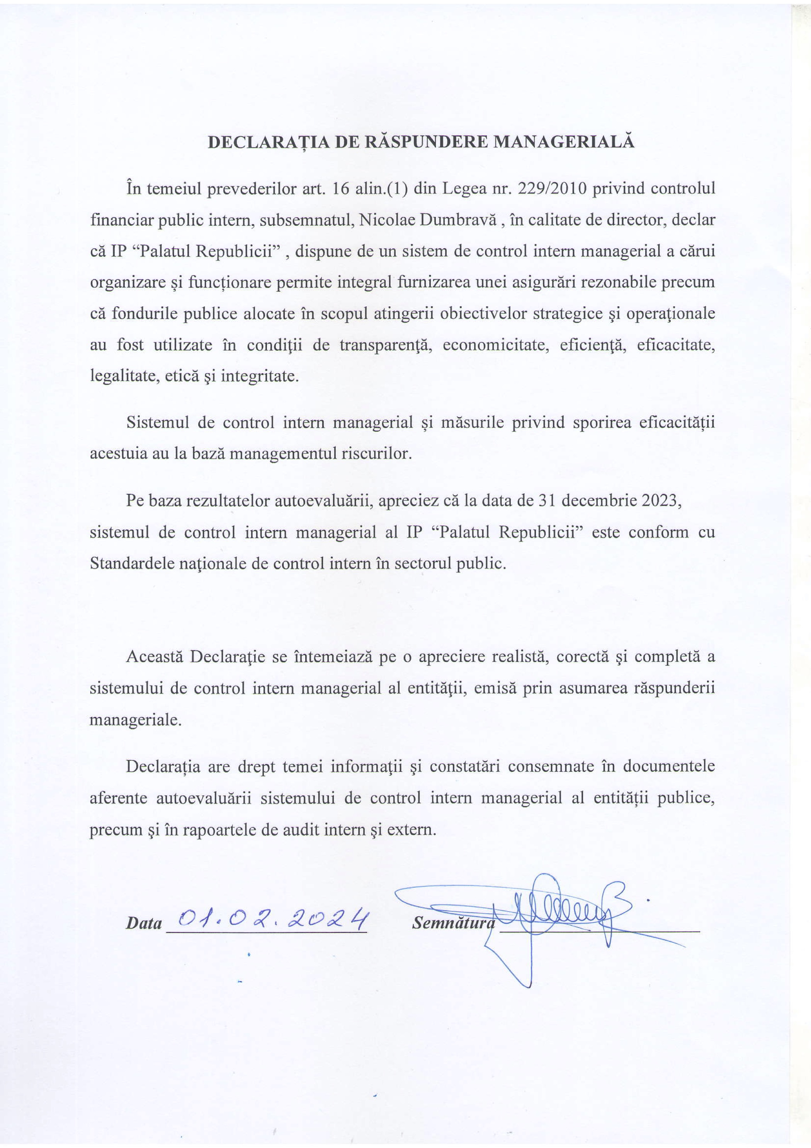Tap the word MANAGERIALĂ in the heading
coord(564,142)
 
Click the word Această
coord(155,657)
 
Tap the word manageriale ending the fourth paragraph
coord(135,720)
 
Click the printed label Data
coord(144,923)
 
